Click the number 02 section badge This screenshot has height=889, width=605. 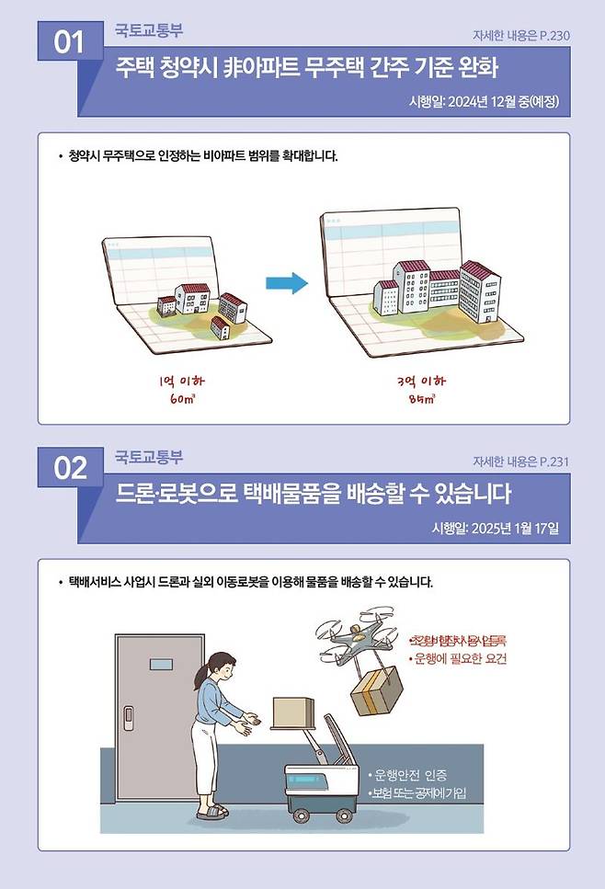pyautogui.click(x=69, y=469)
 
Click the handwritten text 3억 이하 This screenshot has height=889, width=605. pyautogui.click(x=422, y=380)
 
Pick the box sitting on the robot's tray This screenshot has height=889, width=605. pyautogui.click(x=293, y=710)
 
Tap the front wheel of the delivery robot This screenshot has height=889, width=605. pyautogui.click(x=302, y=813)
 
